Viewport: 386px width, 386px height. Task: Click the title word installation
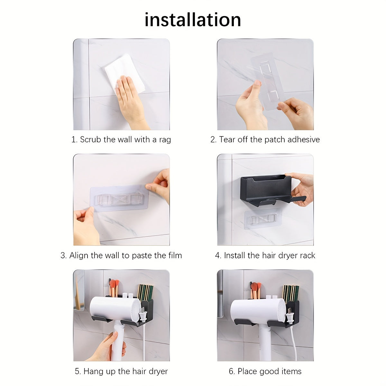[193, 20]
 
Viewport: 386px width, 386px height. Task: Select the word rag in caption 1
[165, 140]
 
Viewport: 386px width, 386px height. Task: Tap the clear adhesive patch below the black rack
[263, 219]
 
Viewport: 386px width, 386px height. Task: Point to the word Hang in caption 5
[92, 371]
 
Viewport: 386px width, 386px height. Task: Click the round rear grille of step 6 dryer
[282, 310]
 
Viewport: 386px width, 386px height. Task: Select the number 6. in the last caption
[232, 371]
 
